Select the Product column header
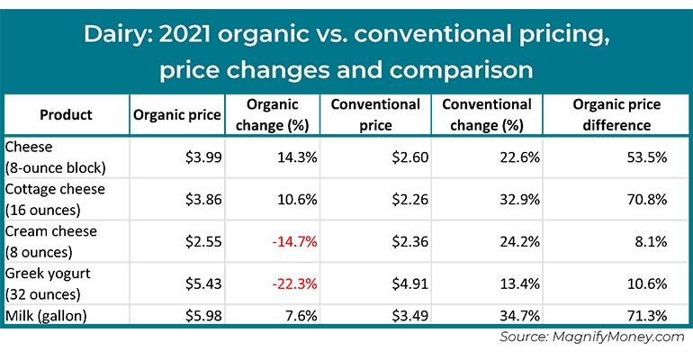(66, 115)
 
